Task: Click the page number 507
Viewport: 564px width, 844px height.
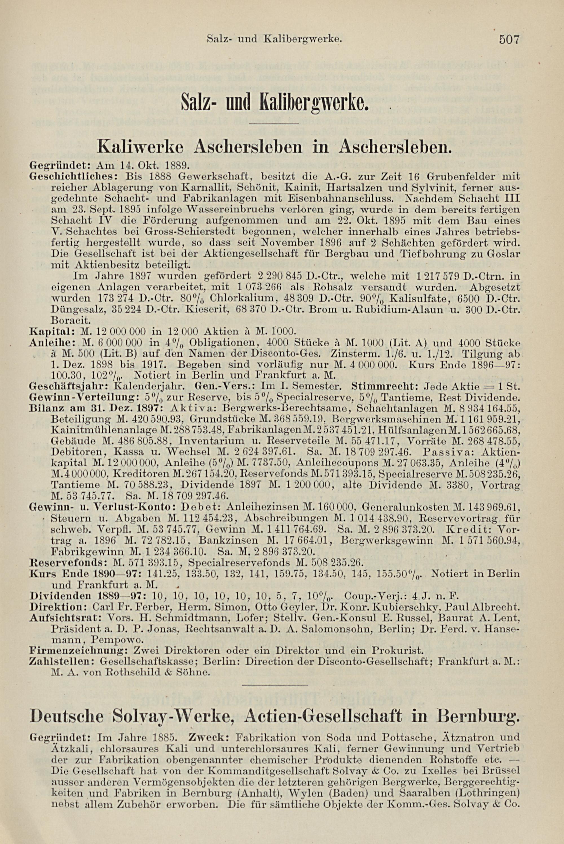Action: click(x=510, y=39)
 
